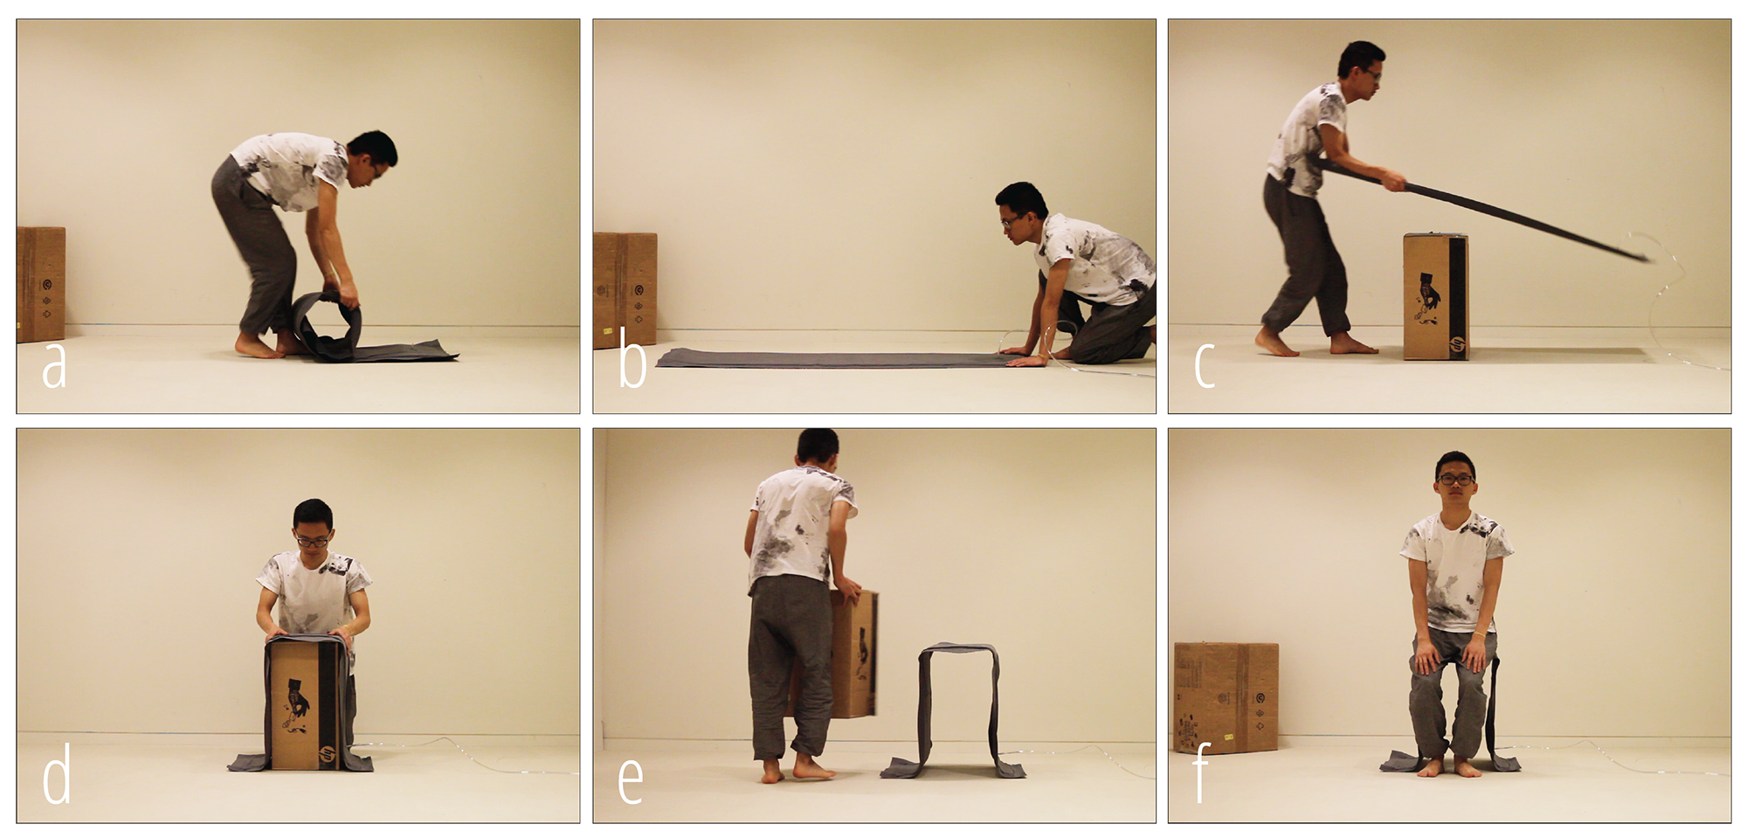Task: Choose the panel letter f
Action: click(1202, 774)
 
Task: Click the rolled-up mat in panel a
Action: click(328, 326)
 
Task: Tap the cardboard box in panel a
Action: click(40, 284)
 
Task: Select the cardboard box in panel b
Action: click(625, 290)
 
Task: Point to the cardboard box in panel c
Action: click(1435, 296)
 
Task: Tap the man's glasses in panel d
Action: click(313, 542)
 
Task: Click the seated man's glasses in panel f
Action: click(1456, 479)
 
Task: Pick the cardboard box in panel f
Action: click(1226, 698)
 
